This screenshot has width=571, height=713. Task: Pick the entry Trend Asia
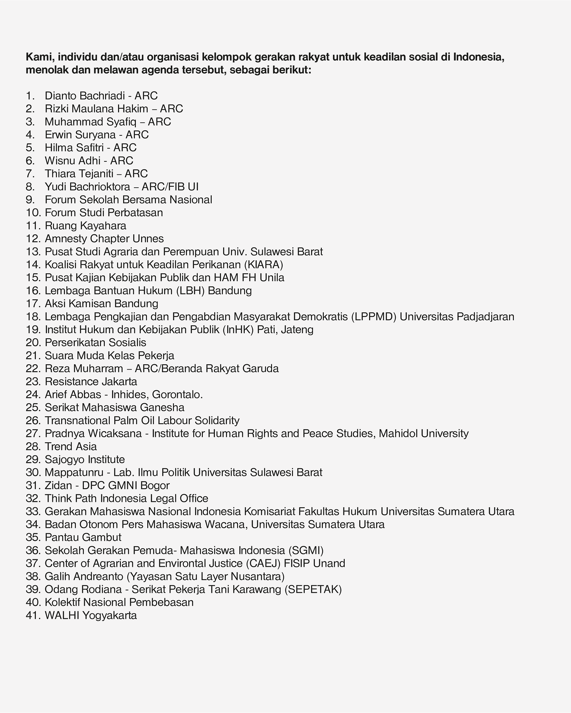tap(70, 446)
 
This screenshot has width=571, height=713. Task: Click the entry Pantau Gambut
tap(83, 537)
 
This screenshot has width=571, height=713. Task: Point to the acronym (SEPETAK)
tap(313, 589)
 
